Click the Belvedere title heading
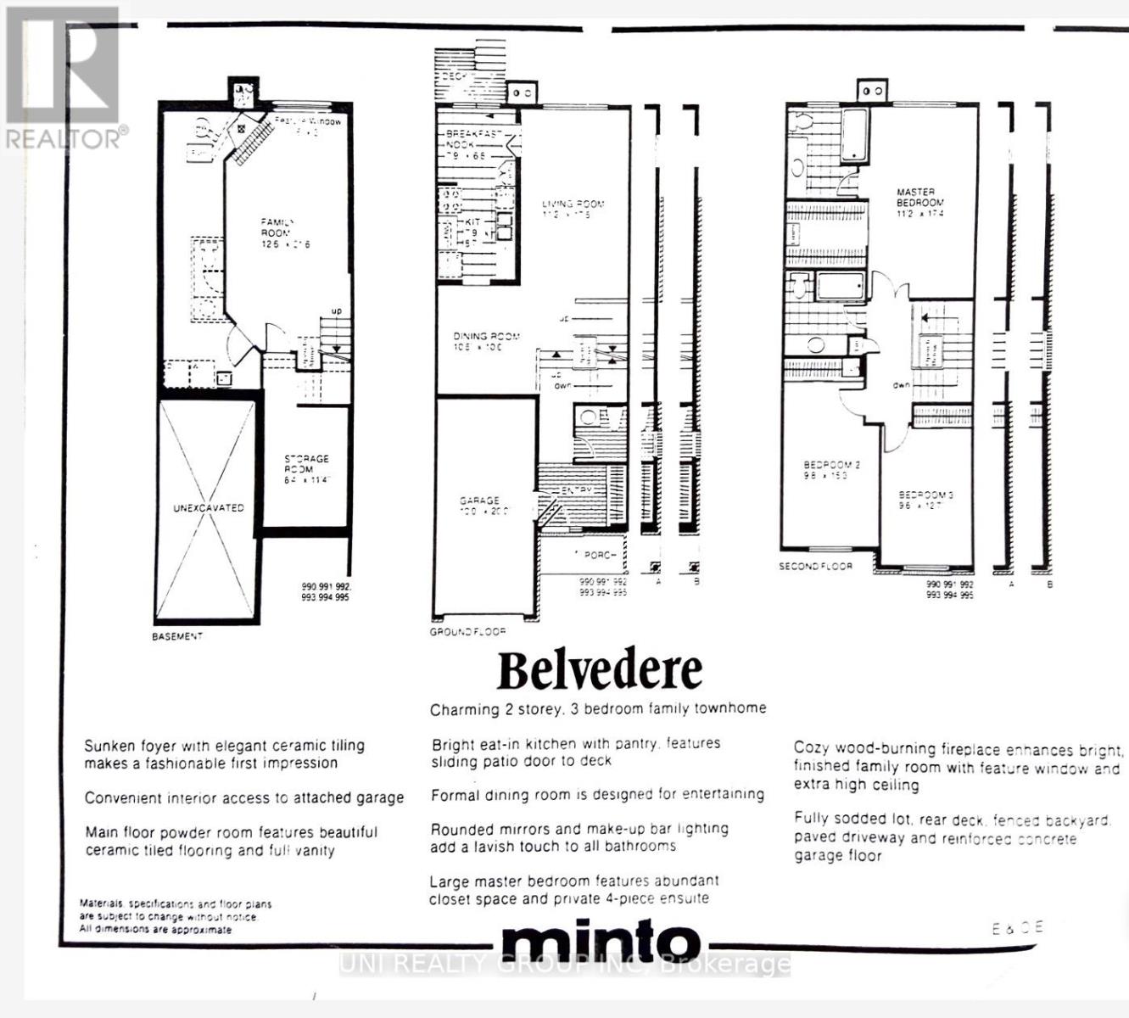click(599, 670)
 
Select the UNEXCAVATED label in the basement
click(208, 508)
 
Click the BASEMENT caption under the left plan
click(177, 636)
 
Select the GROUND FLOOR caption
click(467, 632)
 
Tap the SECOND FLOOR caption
click(815, 566)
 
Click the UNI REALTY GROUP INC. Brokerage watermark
click(565, 964)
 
